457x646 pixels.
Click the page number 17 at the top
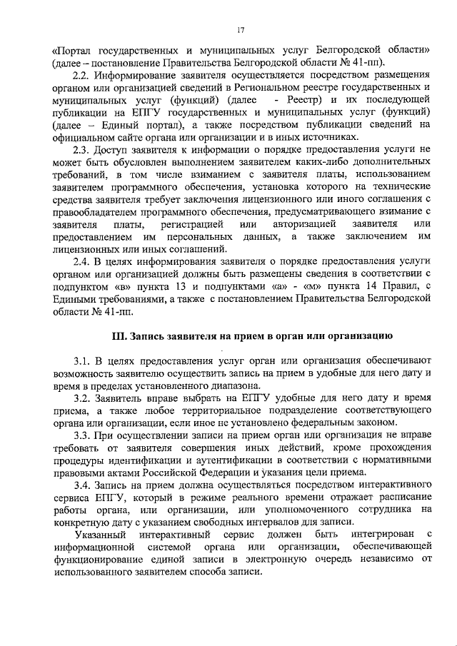click(241, 29)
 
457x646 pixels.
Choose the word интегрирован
click(375, 535)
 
